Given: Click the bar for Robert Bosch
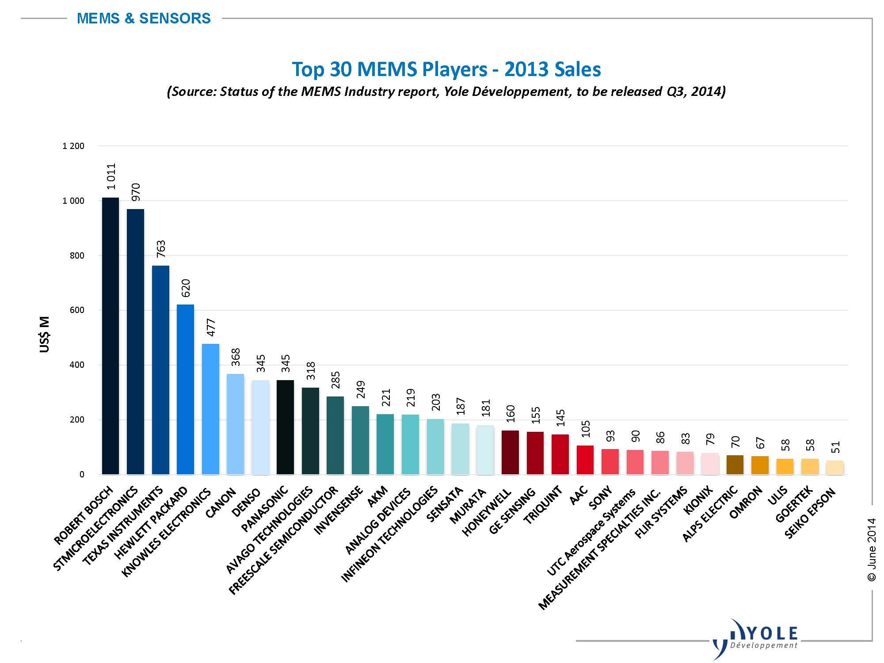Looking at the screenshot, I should coord(110,336).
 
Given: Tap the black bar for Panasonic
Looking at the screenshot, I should coord(285,427).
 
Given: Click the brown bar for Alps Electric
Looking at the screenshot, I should coord(735,465).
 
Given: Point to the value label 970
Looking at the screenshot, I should coord(136,192).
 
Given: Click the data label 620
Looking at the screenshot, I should coord(186,288).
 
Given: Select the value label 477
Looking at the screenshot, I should coord(211,327).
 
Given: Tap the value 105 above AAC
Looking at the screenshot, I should coord(586,429).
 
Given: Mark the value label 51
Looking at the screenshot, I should coord(836,447).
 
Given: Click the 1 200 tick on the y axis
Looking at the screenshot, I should coord(73,146).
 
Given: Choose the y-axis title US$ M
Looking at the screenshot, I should coord(45,335).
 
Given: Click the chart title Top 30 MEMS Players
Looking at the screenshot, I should coord(446,69).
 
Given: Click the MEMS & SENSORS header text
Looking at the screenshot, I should coord(144,19).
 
